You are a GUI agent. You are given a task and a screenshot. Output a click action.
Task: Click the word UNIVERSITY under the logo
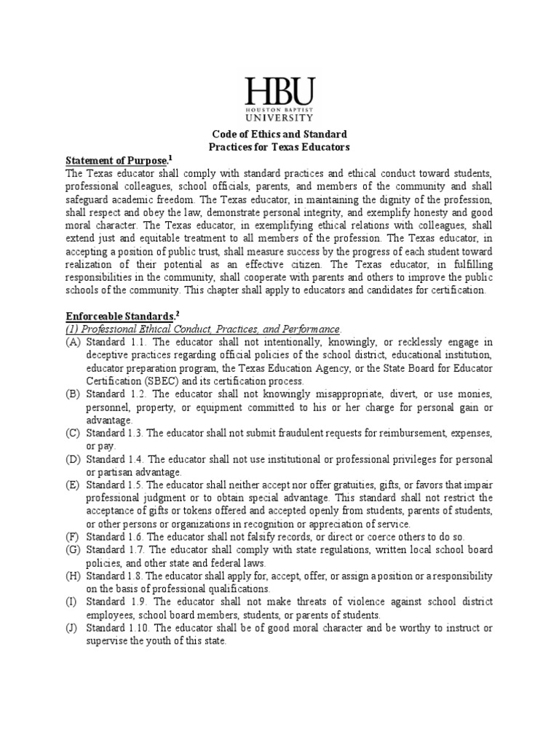tap(279, 116)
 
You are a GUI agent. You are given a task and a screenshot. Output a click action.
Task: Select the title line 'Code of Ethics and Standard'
tap(279, 135)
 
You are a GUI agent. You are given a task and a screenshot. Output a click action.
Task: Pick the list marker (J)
tap(73, 629)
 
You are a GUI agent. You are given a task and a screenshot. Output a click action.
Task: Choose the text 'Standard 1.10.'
tap(116, 629)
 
